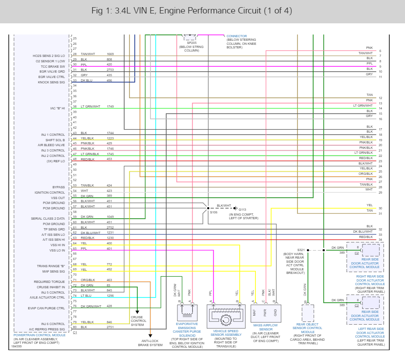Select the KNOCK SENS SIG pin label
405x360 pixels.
(x=52, y=82)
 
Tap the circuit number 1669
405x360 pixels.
(x=110, y=54)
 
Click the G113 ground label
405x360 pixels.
(x=242, y=209)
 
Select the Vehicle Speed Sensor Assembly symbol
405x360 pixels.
(x=226, y=316)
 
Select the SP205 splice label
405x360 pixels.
(x=192, y=43)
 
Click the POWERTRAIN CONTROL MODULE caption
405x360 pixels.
(x=39, y=335)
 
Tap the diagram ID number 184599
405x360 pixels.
(x=19, y=346)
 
